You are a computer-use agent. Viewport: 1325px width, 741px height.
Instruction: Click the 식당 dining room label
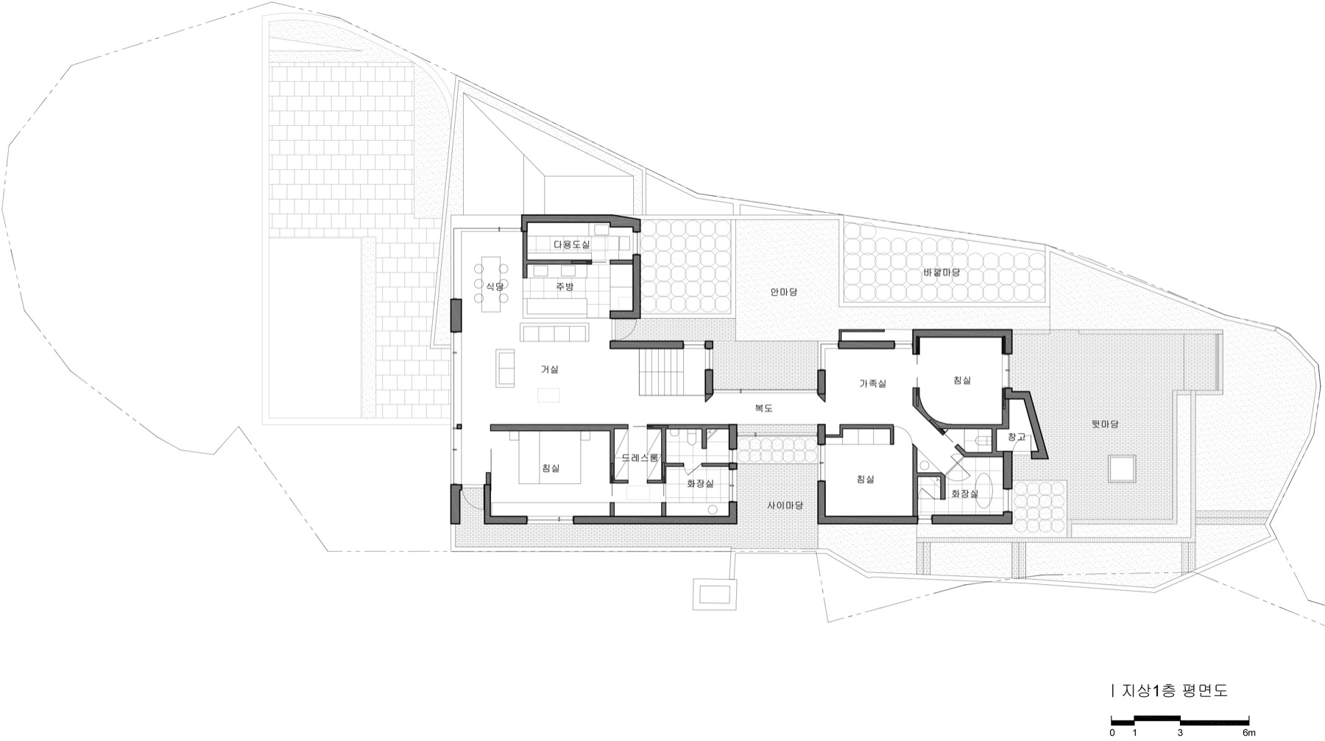(494, 286)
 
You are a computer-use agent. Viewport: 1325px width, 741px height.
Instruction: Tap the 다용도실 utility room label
(571, 243)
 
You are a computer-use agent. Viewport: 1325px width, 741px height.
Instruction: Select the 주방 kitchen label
(565, 287)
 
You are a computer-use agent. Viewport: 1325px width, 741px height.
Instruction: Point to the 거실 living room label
(550, 370)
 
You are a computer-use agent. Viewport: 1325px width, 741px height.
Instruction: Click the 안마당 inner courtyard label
(784, 292)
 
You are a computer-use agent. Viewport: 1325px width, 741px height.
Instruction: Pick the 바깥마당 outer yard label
(941, 273)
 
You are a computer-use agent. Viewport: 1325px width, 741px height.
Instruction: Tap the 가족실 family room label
(872, 383)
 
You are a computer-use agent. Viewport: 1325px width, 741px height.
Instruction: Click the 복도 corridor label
(764, 407)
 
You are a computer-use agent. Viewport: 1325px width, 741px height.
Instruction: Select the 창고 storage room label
(1016, 438)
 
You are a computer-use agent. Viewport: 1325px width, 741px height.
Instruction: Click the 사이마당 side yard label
(784, 505)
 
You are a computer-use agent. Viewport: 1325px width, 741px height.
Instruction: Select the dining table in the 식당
(493, 284)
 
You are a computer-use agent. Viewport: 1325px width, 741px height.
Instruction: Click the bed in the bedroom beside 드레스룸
(552, 457)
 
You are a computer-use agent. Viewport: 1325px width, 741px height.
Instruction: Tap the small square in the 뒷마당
(1121, 468)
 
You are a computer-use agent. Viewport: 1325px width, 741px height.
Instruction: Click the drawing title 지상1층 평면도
(1175, 691)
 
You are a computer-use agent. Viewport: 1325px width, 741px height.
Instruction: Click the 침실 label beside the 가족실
(962, 380)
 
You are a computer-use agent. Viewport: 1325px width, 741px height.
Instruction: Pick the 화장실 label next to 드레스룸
(700, 484)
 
